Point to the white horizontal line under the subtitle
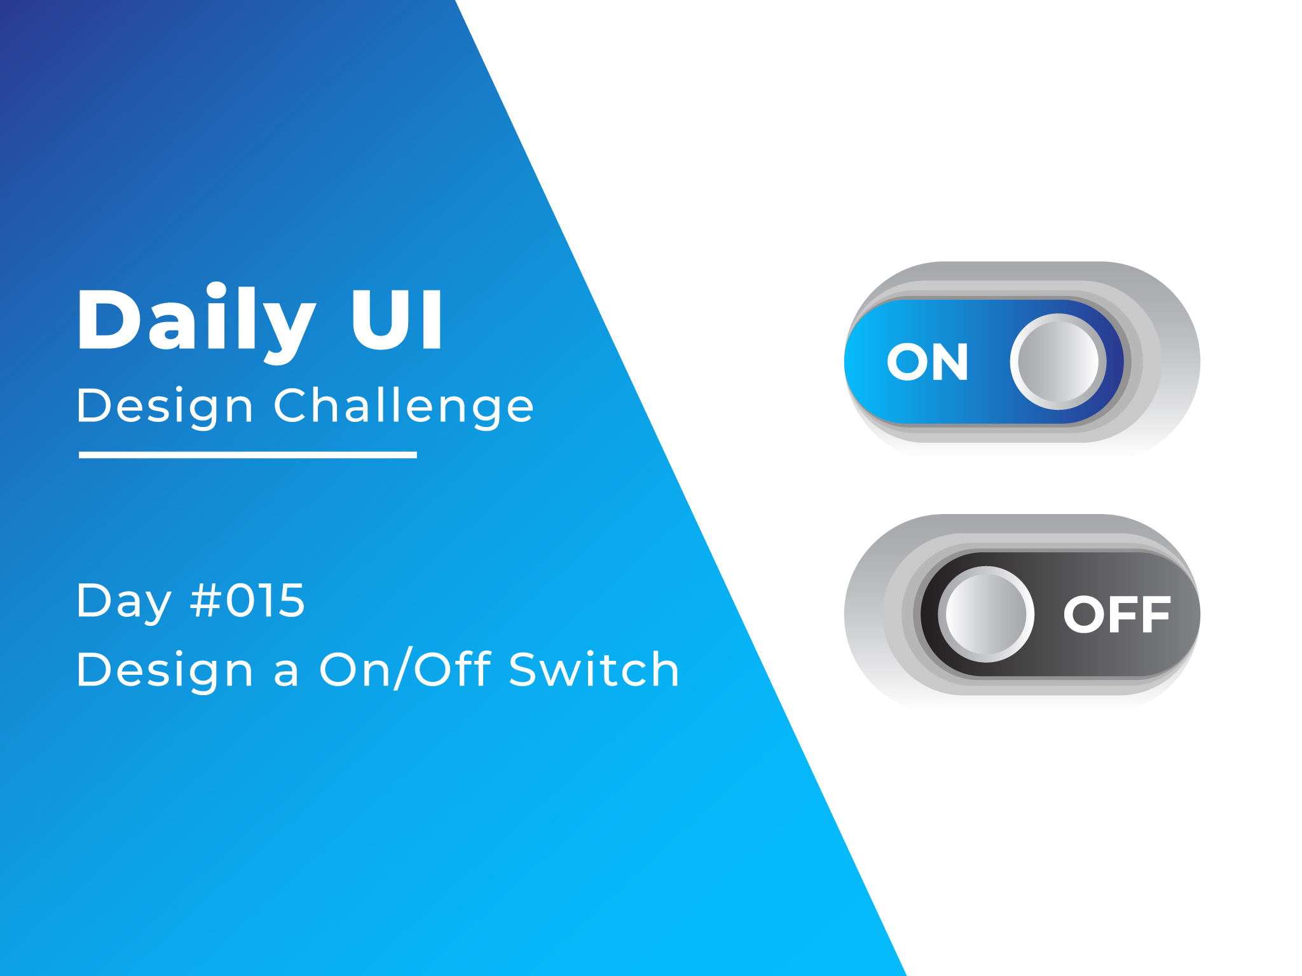(248, 455)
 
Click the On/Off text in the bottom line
(406, 669)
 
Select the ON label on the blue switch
(928, 362)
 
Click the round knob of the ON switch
(1059, 362)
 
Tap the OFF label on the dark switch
(1117, 614)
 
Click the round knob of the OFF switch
(986, 614)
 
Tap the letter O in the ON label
(907, 362)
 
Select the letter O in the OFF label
(1084, 614)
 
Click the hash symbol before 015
(205, 600)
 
